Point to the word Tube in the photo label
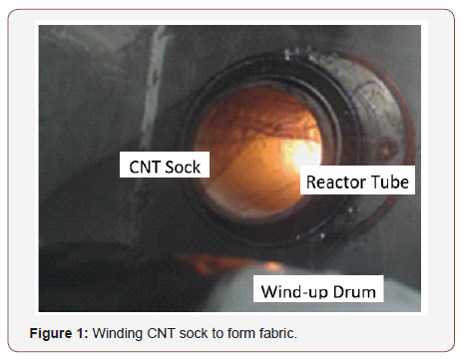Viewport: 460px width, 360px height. (x=391, y=182)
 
